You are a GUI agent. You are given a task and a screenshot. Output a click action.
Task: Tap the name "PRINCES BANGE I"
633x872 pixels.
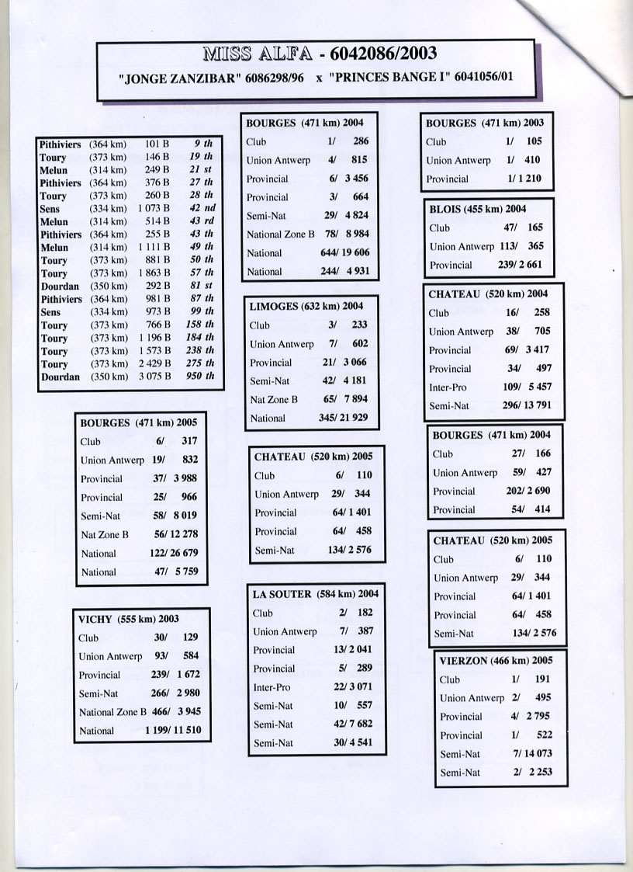389,78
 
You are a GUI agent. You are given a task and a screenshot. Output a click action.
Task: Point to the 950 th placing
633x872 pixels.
201,377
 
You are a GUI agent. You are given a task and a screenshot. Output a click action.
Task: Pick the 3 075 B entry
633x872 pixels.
155,377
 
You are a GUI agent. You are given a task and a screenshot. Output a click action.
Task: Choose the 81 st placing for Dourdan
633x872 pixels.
202,286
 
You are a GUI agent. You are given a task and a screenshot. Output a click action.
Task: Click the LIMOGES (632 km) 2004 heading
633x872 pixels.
306,307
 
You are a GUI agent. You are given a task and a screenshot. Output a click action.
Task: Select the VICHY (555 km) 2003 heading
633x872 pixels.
129,619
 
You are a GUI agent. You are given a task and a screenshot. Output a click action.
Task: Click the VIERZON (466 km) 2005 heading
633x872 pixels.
496,661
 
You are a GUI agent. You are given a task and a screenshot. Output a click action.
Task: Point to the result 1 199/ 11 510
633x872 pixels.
173,731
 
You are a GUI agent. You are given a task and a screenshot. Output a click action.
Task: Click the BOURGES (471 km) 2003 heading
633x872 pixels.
485,123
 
